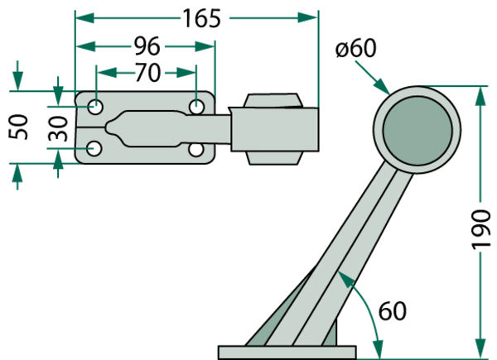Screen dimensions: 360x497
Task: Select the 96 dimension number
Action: point(147,46)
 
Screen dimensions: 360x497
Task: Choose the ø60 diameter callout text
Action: point(356,48)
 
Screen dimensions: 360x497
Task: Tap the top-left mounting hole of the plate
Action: point(96,107)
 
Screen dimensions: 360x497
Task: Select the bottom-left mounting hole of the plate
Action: point(96,149)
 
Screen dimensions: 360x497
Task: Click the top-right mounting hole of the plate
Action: point(196,107)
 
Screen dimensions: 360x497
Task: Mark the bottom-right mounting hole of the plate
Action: point(196,149)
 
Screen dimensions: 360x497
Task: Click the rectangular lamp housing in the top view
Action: point(273,128)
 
